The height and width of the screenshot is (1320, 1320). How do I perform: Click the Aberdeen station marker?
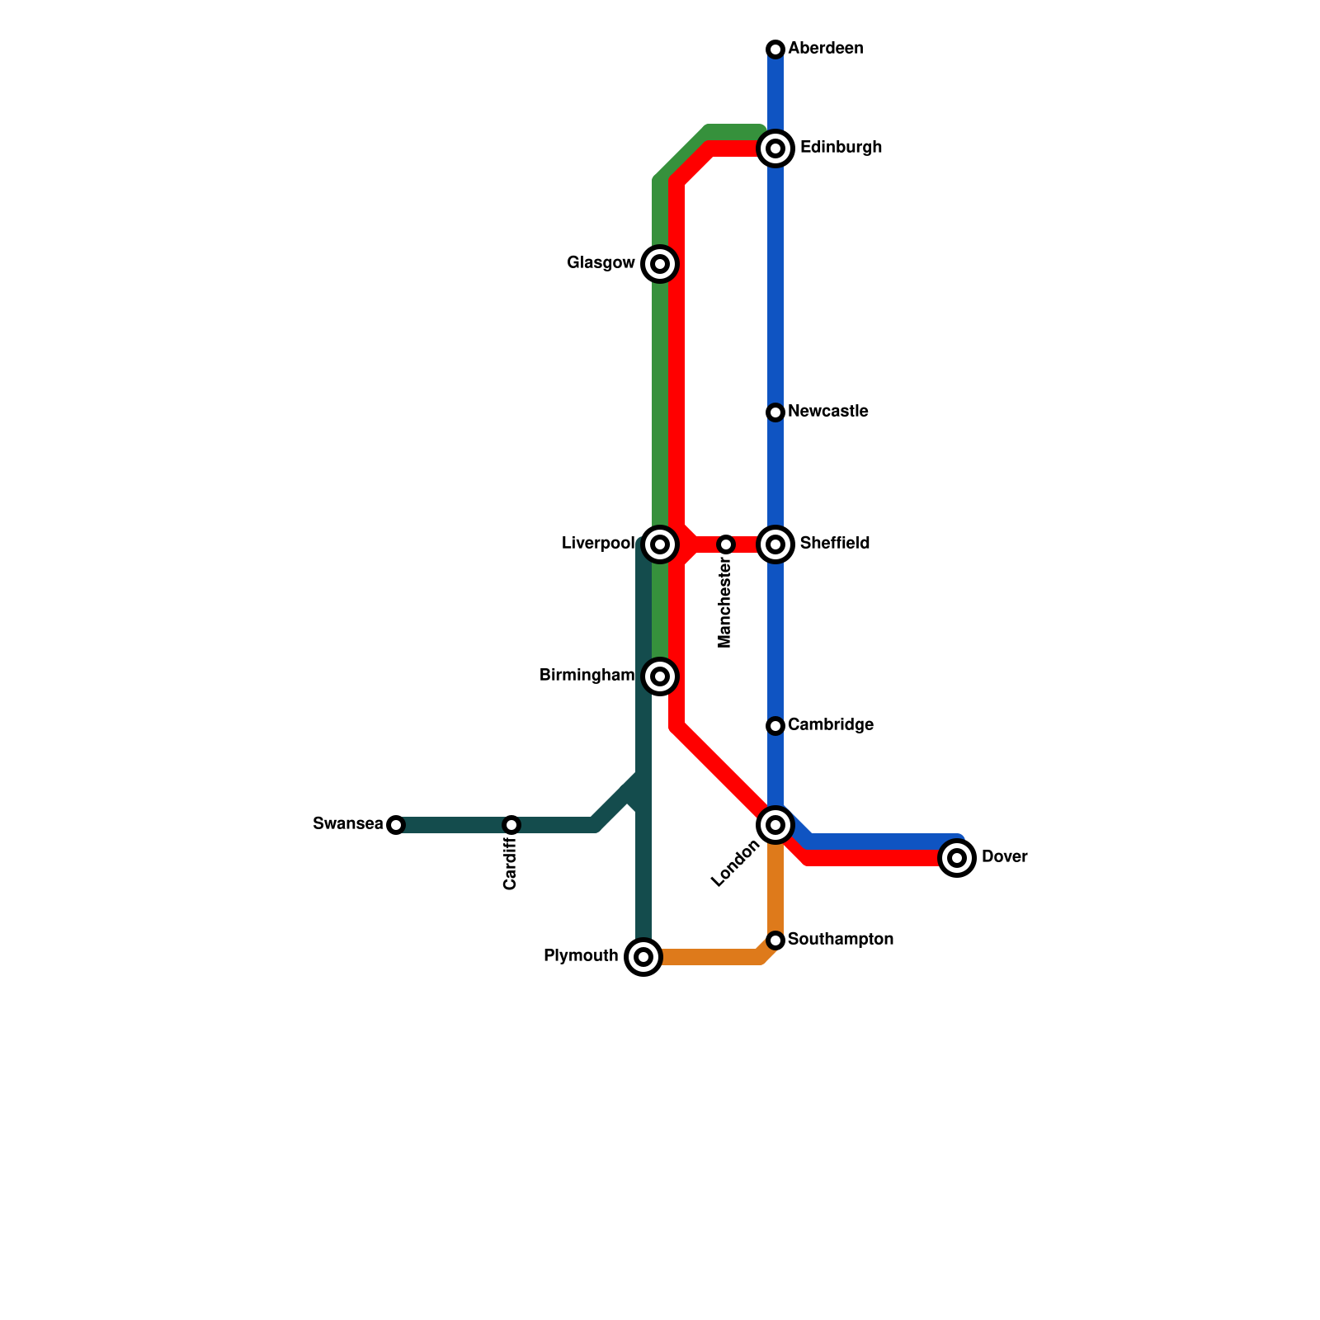coord(775,49)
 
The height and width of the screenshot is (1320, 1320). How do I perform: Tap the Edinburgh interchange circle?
coord(775,148)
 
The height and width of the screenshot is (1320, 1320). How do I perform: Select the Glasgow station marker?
coord(660,264)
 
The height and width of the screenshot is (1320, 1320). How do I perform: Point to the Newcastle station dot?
coord(775,412)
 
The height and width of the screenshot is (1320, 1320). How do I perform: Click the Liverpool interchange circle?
coord(660,544)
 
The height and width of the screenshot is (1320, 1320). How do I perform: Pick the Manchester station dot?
coord(726,544)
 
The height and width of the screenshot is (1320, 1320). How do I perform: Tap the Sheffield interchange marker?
coord(775,544)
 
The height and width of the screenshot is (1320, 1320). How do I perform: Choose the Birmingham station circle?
coord(660,676)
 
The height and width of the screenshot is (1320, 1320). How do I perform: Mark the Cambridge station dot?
coord(775,726)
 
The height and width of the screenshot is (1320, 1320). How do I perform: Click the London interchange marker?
coord(775,825)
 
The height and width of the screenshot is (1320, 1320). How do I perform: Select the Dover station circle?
coord(957,858)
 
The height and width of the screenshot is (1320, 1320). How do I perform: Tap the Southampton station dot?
coord(775,940)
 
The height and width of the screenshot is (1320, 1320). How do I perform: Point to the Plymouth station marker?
coord(643,957)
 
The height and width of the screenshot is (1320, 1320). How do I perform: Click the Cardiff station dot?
coord(511,825)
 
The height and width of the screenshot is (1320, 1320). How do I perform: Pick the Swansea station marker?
coord(396,825)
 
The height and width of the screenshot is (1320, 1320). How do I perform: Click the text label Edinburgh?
coord(841,148)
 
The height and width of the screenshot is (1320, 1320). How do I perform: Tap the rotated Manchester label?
coord(725,603)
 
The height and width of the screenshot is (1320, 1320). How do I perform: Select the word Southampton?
coord(840,940)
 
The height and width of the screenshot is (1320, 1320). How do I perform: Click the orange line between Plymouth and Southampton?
coord(709,957)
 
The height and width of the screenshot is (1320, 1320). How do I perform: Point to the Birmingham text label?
coord(587,676)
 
